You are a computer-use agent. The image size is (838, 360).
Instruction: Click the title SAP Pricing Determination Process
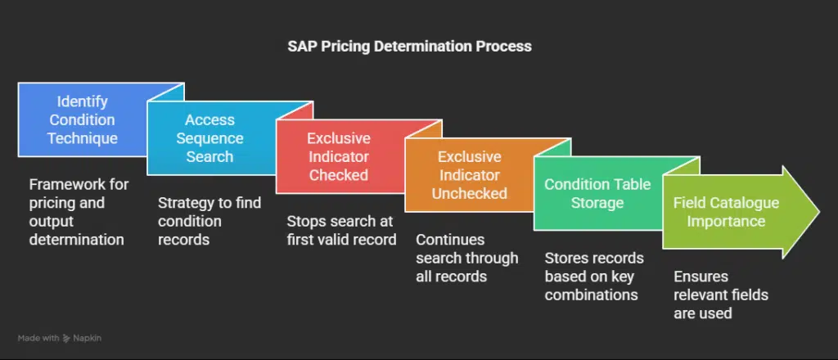(x=409, y=47)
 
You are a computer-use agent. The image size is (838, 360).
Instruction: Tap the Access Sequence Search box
(x=209, y=138)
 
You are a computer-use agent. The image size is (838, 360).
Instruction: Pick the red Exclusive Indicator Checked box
(x=338, y=156)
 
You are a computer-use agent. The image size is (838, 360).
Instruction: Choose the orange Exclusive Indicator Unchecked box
(x=469, y=175)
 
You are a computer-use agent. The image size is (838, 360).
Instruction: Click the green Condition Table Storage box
(x=597, y=193)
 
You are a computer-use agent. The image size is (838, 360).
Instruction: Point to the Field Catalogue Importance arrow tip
(x=819, y=212)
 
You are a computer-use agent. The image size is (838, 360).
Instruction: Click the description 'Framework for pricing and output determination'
(x=79, y=212)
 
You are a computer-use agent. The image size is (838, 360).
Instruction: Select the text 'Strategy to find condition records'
(x=209, y=221)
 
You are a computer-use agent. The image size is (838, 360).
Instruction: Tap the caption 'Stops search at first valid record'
(x=341, y=230)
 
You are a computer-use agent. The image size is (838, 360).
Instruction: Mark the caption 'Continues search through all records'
(x=467, y=258)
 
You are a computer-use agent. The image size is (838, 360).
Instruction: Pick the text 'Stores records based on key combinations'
(x=594, y=277)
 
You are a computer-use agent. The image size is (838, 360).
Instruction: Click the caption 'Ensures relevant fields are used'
(x=720, y=295)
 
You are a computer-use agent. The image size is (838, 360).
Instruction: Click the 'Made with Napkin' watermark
(x=59, y=338)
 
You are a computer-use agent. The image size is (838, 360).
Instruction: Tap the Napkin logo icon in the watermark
(x=67, y=338)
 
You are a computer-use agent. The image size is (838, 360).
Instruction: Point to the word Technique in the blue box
(x=83, y=138)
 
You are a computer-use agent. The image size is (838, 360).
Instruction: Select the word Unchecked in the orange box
(x=469, y=193)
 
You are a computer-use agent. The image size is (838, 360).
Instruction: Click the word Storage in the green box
(x=597, y=203)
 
